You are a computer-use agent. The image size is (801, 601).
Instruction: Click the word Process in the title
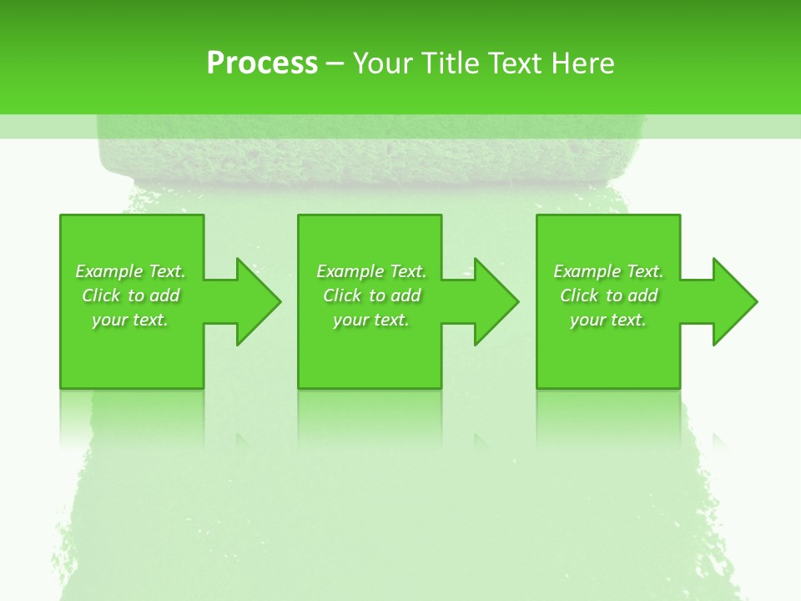tap(262, 63)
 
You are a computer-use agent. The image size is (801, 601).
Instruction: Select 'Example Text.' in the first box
tap(130, 271)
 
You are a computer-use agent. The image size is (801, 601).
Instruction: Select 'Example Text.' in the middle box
tap(371, 271)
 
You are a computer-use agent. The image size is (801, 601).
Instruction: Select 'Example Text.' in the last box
tap(608, 271)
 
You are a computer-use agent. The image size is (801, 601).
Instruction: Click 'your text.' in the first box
tap(130, 320)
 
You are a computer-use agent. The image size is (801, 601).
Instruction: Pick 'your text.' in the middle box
tap(371, 320)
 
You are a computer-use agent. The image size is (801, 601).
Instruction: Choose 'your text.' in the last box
tap(608, 320)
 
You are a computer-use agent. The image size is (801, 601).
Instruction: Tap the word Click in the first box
tap(101, 295)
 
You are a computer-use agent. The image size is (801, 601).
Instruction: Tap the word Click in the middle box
tap(342, 295)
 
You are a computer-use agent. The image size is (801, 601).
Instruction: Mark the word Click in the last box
tap(579, 295)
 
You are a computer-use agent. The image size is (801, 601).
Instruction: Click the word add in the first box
tap(165, 295)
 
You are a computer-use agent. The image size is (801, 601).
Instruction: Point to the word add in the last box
tap(643, 295)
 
